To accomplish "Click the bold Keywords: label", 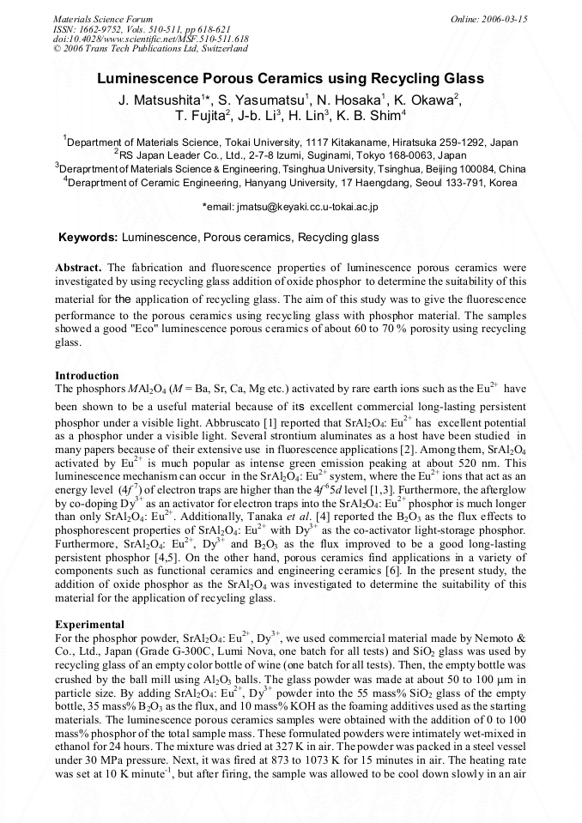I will click(88, 237).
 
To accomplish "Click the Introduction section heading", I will click(87, 376).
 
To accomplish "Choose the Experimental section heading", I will click(90, 624).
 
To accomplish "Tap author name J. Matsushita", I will click(161, 100).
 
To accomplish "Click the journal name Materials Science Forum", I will click(103, 19).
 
